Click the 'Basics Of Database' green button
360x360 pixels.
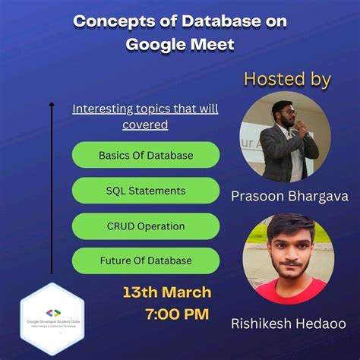click(x=145, y=155)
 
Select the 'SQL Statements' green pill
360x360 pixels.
click(x=145, y=191)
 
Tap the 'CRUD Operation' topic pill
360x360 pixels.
click(x=145, y=226)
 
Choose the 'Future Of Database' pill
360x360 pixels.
click(x=145, y=261)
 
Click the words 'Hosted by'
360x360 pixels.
click(x=287, y=79)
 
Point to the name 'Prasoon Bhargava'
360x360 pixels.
click(x=289, y=197)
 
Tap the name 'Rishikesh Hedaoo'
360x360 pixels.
click(x=289, y=324)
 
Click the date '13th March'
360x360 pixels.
click(x=167, y=292)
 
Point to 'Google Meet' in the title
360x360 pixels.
click(x=180, y=44)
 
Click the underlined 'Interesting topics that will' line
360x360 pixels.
click(x=145, y=109)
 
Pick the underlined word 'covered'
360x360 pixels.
click(x=145, y=125)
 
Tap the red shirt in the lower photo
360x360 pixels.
click(x=289, y=292)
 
